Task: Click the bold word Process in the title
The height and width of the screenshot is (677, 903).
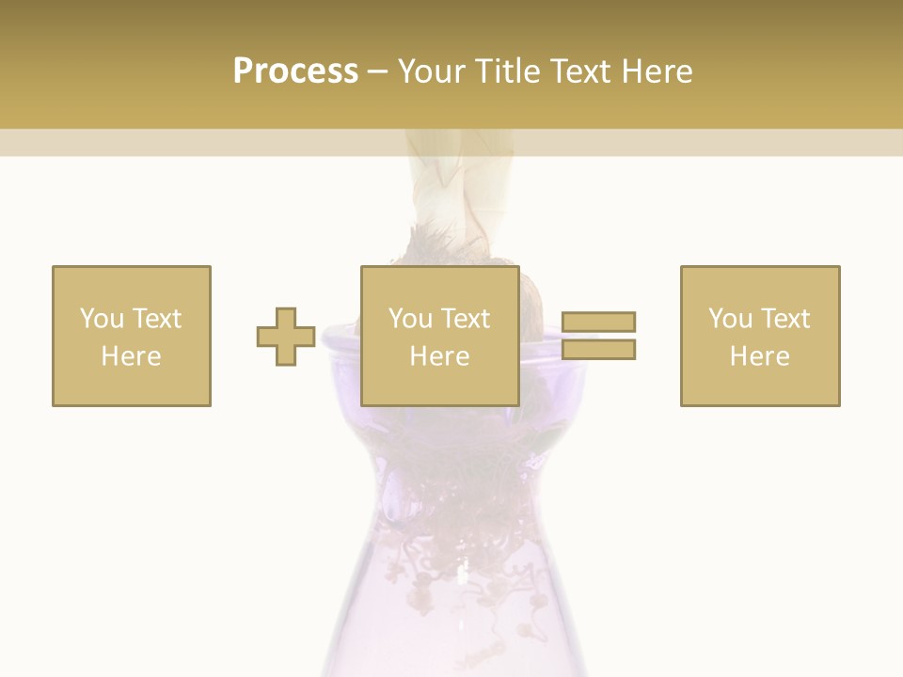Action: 295,71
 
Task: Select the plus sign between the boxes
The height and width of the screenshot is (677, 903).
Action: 286,337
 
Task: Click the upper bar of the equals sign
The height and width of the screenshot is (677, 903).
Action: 599,323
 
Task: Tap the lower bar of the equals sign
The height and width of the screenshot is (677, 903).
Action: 599,349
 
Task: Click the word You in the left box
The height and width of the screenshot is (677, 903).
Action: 102,319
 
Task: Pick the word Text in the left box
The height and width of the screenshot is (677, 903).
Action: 155,319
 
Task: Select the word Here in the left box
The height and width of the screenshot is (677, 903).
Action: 131,356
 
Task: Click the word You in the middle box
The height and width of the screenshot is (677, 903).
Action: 410,319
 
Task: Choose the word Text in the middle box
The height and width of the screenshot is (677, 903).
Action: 464,319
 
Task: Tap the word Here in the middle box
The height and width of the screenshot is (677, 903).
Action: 439,356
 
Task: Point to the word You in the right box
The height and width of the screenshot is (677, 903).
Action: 730,319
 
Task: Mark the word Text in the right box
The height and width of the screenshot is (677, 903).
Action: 784,319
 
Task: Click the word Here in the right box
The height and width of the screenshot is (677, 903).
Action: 759,356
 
